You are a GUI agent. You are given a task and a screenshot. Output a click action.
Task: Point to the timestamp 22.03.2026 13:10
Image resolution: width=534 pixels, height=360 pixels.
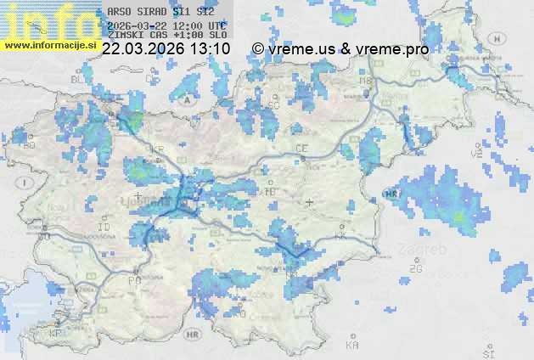166,49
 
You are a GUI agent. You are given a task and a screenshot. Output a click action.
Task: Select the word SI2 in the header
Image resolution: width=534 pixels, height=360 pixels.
205,11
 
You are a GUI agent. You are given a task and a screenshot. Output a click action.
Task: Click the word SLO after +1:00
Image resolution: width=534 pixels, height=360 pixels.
218,36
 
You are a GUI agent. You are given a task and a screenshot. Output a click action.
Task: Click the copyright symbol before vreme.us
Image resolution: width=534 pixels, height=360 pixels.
258,49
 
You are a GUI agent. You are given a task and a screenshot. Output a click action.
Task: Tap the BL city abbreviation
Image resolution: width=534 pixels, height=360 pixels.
79,78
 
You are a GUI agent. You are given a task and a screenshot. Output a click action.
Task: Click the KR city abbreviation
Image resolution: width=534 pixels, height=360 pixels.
157,150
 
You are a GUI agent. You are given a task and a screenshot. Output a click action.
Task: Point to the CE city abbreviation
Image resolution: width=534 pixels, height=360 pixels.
301,149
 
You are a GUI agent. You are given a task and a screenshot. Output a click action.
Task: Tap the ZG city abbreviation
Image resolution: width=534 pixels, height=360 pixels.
415,269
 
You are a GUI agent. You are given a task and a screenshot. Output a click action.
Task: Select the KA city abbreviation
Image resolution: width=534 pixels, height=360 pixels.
352,345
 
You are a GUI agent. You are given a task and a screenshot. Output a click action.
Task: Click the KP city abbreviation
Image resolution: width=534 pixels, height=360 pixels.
55,334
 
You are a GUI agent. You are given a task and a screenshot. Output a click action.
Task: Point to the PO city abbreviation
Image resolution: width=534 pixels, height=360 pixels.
134,279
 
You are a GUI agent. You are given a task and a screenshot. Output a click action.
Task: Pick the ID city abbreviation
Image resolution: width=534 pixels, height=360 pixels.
104,228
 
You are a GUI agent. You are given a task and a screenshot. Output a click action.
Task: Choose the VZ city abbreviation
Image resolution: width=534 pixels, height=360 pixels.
477,155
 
